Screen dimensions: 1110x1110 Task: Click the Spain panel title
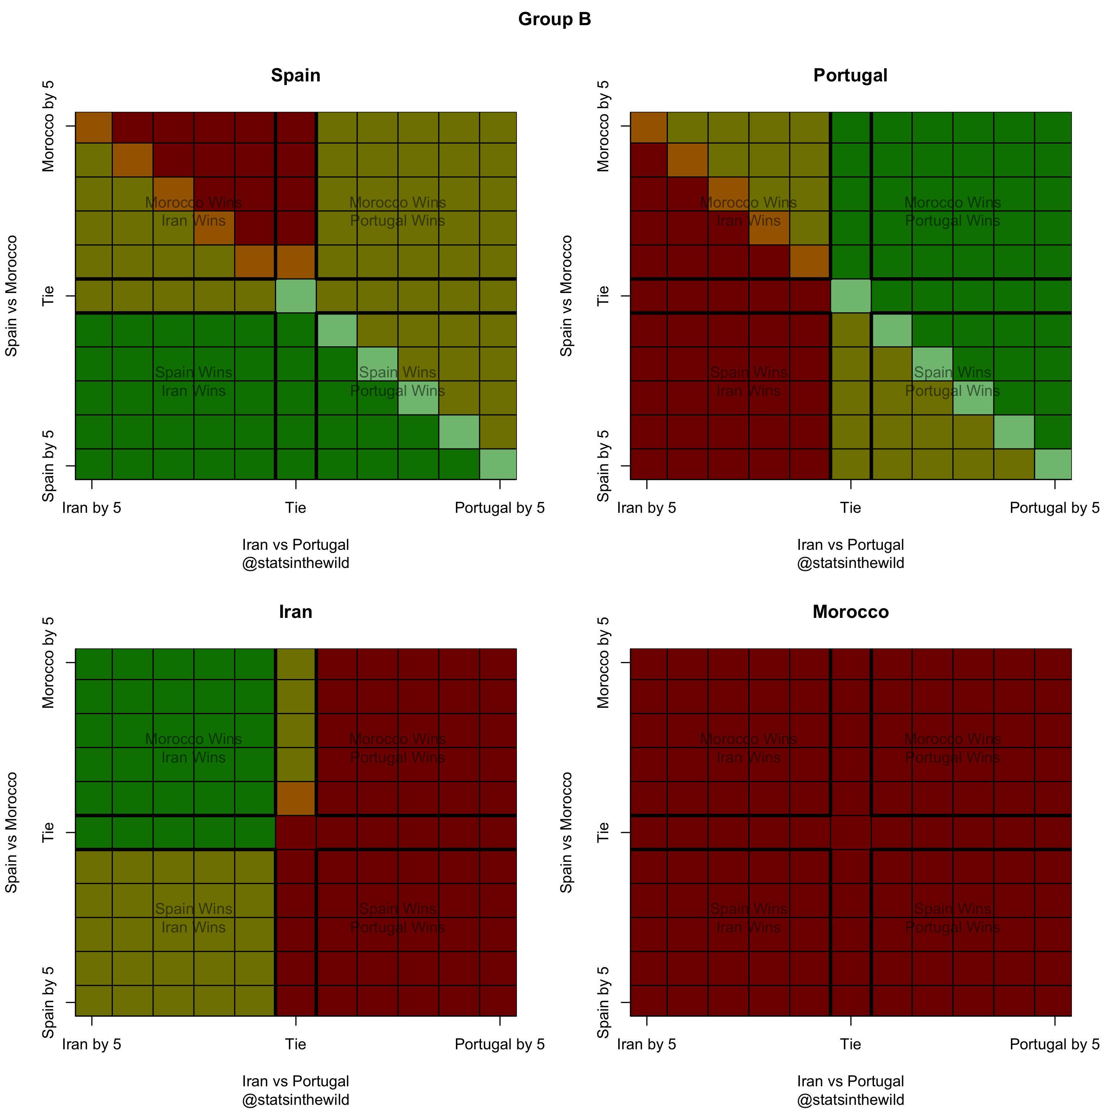(x=295, y=75)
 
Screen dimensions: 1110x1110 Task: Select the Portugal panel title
(x=850, y=75)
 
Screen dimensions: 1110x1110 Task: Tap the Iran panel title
(x=295, y=612)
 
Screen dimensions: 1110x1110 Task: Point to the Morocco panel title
(x=850, y=612)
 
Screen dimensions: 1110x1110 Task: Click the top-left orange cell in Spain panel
(x=94, y=127)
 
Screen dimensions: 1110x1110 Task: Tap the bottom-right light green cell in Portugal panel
(x=1053, y=464)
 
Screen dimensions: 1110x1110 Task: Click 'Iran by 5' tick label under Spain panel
(x=91, y=508)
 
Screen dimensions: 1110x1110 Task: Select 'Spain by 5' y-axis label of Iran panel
(x=48, y=1003)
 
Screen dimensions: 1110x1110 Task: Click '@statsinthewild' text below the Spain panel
(x=295, y=563)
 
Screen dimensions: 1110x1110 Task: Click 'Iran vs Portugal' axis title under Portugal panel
(x=850, y=545)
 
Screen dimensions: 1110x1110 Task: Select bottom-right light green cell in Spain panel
(x=498, y=464)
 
